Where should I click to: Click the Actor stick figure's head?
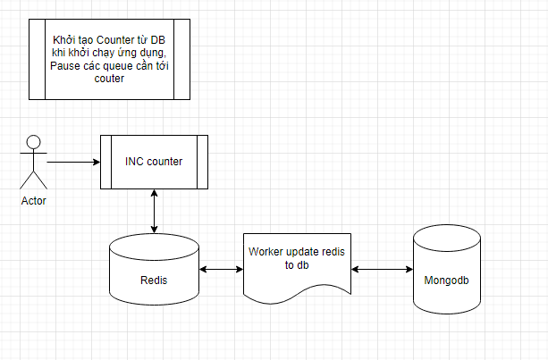coord(34,141)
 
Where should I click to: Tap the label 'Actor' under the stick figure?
coord(33,201)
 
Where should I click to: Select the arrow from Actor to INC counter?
coord(72,162)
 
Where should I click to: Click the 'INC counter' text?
coord(154,162)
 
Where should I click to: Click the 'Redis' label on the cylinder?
coord(154,280)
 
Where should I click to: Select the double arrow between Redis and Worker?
coord(221,269)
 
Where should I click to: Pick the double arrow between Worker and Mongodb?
coord(382,268)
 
